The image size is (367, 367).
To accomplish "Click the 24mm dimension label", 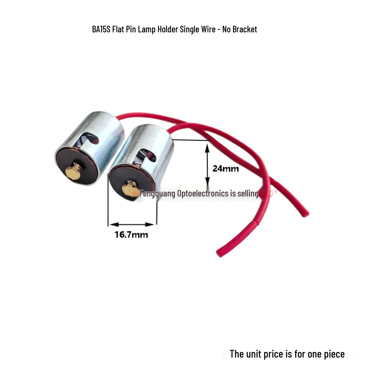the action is pyautogui.click(x=226, y=169).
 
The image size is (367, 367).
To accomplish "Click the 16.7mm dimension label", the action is pyautogui.click(x=132, y=235).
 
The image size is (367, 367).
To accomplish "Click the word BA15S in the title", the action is pyautogui.click(x=101, y=29).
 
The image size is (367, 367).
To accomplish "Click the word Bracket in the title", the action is pyautogui.click(x=245, y=29).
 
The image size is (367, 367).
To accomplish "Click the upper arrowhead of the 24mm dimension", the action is pyautogui.click(x=207, y=148).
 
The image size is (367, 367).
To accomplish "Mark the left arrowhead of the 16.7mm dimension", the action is pyautogui.click(x=114, y=225).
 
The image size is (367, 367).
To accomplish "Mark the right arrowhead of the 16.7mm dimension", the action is pyautogui.click(x=150, y=225).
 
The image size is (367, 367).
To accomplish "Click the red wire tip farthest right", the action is pyautogui.click(x=306, y=214).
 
